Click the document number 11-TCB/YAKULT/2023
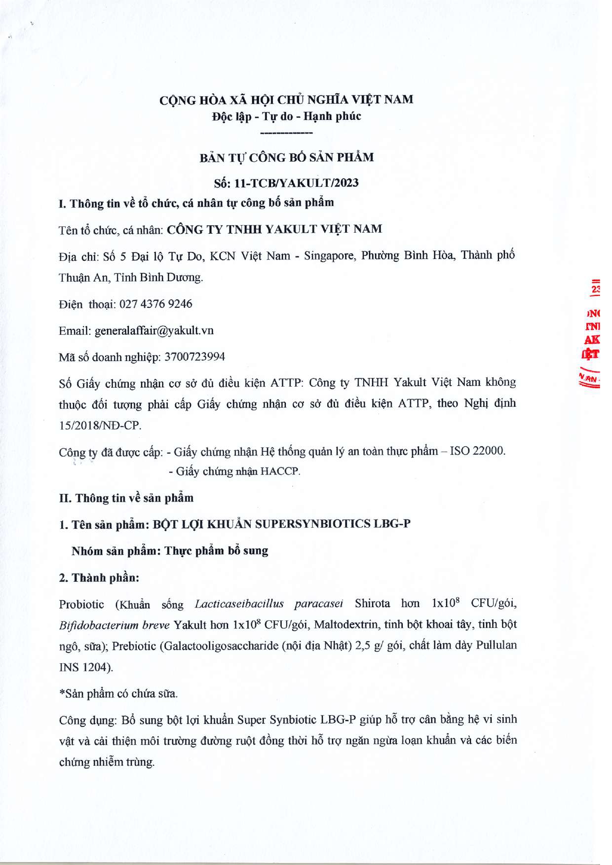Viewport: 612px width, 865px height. tap(296, 183)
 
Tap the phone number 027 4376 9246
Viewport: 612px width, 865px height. tap(156, 304)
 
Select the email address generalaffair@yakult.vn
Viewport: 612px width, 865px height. tap(154, 330)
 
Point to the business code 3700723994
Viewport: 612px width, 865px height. tap(194, 357)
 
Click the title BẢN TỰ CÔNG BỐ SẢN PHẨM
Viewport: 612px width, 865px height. tap(286, 158)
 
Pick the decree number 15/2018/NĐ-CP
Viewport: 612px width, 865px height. tap(100, 425)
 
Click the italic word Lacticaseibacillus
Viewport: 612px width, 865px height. tap(239, 604)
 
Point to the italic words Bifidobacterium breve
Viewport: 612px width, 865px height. tap(114, 625)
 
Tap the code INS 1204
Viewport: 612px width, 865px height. tap(85, 667)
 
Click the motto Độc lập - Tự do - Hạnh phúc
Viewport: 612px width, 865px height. tap(286, 116)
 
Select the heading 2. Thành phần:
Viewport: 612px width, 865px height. tap(99, 577)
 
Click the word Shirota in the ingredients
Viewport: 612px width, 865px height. tap(372, 604)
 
